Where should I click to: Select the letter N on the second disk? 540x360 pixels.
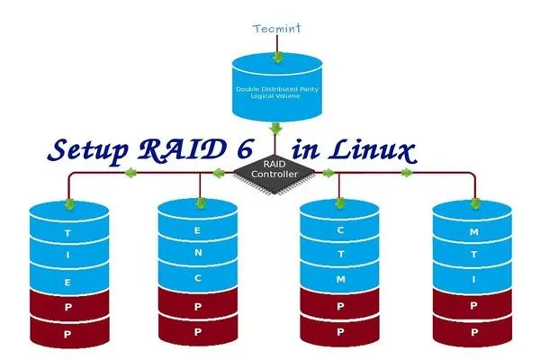(x=198, y=253)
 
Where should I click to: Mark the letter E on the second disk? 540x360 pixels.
(x=198, y=230)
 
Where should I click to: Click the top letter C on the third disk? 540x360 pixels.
(x=340, y=229)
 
